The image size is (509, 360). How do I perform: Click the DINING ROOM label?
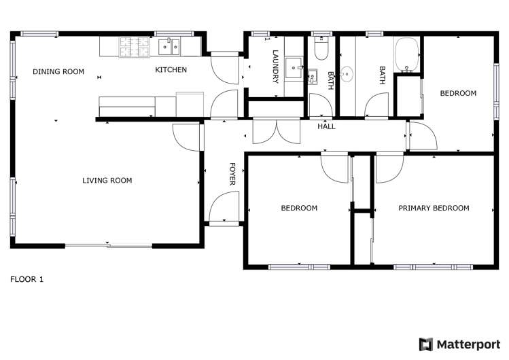click(58, 71)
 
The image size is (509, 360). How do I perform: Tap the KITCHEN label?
click(171, 70)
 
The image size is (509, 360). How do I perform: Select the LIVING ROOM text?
click(107, 181)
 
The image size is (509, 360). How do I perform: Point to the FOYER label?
click(232, 174)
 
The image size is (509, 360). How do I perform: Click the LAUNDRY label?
click(276, 67)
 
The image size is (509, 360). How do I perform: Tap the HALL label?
click(326, 126)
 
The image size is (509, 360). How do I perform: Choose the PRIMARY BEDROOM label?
click(434, 209)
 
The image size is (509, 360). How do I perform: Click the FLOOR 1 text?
click(27, 279)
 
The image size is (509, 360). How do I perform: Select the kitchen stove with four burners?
click(134, 46)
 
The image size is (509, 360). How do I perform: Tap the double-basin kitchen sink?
click(170, 46)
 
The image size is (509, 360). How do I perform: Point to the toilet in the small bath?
click(322, 48)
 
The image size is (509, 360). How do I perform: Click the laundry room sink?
click(294, 67)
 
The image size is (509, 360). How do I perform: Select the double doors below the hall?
click(275, 132)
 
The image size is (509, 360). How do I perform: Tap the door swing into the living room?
click(188, 137)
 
